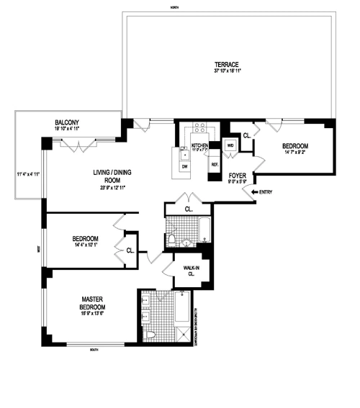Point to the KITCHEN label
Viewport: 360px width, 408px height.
click(199, 145)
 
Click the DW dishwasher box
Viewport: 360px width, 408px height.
click(184, 166)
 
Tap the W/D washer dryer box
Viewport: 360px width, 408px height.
click(230, 145)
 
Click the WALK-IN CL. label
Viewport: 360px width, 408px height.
click(192, 271)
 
